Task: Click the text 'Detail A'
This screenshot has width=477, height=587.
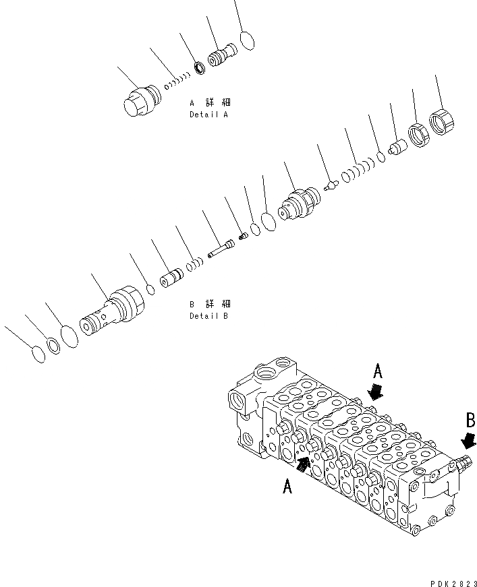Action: tap(208, 115)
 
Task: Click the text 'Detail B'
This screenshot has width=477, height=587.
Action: tap(208, 315)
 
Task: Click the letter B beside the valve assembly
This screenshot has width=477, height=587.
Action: tap(470, 422)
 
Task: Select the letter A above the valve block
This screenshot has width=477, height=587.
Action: tap(378, 371)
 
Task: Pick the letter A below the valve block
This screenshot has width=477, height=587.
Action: tap(287, 487)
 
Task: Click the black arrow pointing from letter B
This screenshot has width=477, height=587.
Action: tap(467, 441)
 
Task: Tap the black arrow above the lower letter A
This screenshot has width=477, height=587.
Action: tap(304, 463)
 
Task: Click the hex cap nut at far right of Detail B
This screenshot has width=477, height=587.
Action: tap(442, 123)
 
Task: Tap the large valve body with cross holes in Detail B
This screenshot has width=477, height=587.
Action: tap(108, 312)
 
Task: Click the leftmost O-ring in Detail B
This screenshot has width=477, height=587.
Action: tap(39, 354)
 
